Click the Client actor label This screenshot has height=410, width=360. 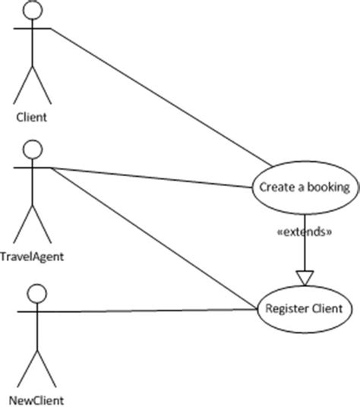pyautogui.click(x=32, y=118)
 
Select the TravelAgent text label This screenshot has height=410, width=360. pyautogui.click(x=32, y=256)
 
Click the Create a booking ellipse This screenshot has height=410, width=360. pyautogui.click(x=304, y=186)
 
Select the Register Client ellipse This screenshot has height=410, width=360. pyautogui.click(x=304, y=308)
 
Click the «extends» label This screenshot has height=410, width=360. pyautogui.click(x=304, y=232)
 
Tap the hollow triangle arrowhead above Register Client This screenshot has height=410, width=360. pyautogui.click(x=304, y=277)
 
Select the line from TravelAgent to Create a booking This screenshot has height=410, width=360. pyautogui.click(x=152, y=176)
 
